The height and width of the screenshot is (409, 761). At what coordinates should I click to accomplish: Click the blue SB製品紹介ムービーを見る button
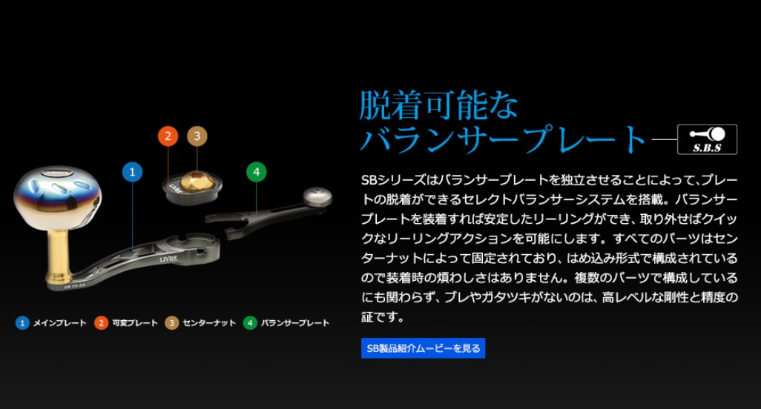pos(423,348)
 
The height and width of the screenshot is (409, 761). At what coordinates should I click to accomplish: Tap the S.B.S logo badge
pos(707,139)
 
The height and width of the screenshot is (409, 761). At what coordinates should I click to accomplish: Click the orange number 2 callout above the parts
pos(168,136)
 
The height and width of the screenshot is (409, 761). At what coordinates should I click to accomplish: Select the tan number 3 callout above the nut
pos(197,136)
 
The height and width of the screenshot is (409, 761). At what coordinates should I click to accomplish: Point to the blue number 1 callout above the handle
pos(132,172)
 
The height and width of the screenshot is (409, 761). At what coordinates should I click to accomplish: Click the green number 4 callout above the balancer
pos(256,172)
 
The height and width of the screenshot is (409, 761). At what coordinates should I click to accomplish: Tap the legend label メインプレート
pos(59,323)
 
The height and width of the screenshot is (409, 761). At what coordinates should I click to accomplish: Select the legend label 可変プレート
pos(135,323)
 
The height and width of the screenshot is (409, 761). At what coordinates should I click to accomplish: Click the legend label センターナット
pos(209,323)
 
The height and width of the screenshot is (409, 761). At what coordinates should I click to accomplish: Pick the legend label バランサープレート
pos(295,323)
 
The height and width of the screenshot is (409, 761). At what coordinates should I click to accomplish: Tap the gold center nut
pos(197,182)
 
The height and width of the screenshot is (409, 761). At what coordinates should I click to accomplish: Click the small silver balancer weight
pos(318,197)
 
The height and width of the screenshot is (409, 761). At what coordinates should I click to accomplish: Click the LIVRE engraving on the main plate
pos(169,259)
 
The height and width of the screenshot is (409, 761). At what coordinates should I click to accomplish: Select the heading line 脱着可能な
pos(439,105)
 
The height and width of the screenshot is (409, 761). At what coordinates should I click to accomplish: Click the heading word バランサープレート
pos(503,139)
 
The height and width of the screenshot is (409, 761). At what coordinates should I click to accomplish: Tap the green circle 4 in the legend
pos(250,323)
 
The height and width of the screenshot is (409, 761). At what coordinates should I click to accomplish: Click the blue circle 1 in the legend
pos(22,323)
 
